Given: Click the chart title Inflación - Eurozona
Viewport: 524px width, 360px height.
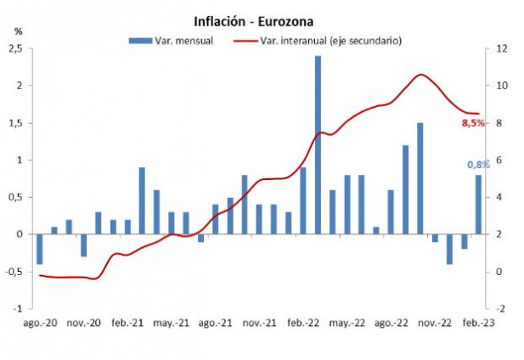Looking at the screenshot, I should coord(262,21).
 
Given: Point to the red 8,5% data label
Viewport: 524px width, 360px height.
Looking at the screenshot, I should coord(472,123).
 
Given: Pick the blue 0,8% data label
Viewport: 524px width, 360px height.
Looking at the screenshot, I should coord(477,165).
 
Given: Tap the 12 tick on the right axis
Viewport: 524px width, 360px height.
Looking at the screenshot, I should coord(502,49).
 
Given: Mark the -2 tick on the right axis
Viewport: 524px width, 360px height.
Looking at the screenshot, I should coord(502,308).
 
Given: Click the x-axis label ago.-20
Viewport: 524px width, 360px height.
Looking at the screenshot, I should coord(40,323).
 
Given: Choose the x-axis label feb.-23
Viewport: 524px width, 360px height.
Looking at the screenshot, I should coord(477,323).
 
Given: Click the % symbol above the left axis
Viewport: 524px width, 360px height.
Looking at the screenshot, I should coord(19,31).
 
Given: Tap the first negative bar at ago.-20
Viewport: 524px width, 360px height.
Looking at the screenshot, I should coord(40,249).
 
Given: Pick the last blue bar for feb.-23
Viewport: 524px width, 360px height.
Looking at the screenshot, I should coord(478,205).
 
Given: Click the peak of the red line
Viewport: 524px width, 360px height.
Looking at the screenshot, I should coord(420,75).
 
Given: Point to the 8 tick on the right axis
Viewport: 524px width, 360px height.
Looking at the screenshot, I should coord(500,123).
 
